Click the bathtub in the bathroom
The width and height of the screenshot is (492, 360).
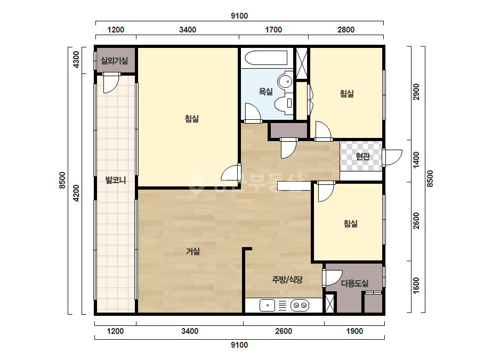click(266, 58)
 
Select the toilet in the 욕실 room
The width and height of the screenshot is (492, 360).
click(284, 103)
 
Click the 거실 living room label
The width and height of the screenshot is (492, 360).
click(192, 251)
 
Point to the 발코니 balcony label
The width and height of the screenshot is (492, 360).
click(116, 181)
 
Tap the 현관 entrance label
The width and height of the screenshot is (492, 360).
click(362, 156)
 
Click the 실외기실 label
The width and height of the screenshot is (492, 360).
click(114, 61)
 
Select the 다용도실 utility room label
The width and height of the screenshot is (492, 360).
click(354, 283)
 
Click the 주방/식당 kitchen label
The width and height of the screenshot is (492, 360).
click(287, 280)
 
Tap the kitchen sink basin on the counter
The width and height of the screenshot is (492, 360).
click(268, 306)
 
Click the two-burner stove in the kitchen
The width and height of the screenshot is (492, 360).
click(300, 306)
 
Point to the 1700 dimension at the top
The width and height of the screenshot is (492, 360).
click(273, 30)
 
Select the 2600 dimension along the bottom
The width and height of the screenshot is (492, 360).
click(284, 331)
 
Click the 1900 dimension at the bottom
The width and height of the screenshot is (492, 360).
click(354, 331)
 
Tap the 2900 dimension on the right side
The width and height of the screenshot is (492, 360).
click(416, 92)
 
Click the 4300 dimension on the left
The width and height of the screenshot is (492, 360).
click(76, 60)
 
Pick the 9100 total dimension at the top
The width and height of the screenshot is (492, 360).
click(239, 16)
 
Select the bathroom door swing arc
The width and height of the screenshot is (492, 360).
click(253, 112)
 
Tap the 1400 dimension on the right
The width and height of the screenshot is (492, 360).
click(416, 160)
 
